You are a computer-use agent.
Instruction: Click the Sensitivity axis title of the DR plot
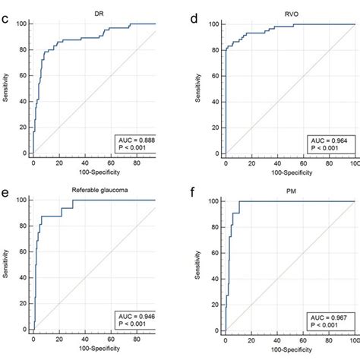pos(10,88)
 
